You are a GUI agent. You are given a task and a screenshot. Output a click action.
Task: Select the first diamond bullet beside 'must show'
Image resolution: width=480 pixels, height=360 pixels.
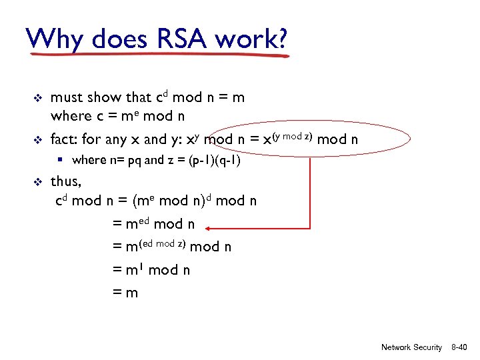tap(38, 98)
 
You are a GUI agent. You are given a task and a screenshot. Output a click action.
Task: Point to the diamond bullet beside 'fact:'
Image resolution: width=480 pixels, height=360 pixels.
tap(38, 141)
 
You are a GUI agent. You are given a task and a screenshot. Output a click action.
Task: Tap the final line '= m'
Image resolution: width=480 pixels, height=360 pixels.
tap(125, 292)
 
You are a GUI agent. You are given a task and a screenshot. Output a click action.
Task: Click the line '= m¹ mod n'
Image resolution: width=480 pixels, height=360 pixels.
tap(151, 269)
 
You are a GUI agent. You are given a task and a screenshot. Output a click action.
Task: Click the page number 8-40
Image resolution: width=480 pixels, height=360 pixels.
tap(459, 347)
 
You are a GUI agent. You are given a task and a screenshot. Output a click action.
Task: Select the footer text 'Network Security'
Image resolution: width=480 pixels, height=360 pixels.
tap(411, 347)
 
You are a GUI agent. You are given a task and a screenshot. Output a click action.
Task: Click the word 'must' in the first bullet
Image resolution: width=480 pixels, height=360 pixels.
tap(65, 98)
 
